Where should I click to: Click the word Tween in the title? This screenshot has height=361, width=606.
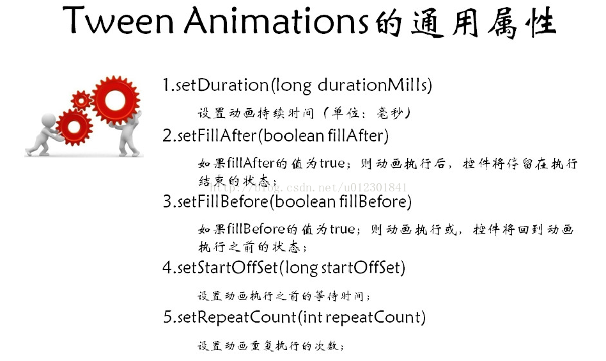[118, 20]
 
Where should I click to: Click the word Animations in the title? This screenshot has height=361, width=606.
[276, 20]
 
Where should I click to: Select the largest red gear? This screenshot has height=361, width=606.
[115, 100]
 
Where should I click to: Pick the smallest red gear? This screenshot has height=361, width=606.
[81, 100]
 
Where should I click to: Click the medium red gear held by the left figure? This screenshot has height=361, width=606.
[74, 127]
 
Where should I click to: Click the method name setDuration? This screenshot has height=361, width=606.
[222, 85]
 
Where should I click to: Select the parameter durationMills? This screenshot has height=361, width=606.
[373, 85]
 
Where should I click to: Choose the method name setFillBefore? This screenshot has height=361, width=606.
[223, 202]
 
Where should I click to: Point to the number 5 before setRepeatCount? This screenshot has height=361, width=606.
[167, 317]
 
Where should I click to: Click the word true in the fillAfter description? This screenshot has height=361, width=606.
[332, 164]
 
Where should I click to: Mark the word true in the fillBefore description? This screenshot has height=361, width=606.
[343, 229]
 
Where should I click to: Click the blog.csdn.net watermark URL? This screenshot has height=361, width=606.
[308, 188]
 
